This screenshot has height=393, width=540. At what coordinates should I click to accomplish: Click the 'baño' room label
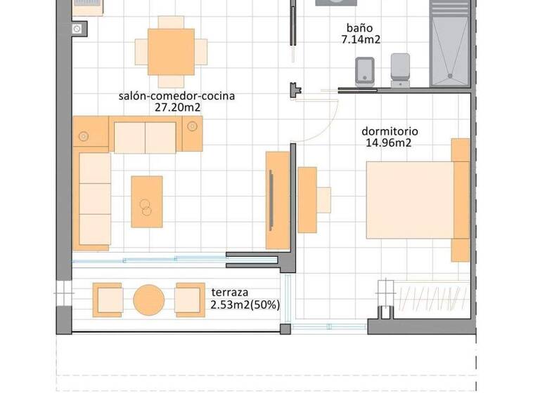coord(359,28)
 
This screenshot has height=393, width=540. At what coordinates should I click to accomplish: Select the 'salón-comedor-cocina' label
coord(176,96)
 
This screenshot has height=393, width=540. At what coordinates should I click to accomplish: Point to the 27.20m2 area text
coord(176,108)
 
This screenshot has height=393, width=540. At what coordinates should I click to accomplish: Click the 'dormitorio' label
coord(390,131)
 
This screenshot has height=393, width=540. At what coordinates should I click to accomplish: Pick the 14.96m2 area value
coord(388,143)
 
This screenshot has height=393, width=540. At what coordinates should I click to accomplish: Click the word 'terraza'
coord(231,292)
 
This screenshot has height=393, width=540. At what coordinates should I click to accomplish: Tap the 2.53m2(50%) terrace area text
coord(245,305)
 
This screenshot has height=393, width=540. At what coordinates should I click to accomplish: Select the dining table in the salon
coord(171,52)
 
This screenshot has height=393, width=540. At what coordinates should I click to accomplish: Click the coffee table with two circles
coord(147,201)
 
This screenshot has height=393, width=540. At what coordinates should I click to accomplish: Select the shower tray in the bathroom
coord(449,44)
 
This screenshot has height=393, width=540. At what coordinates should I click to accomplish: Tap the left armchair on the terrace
coord(108,300)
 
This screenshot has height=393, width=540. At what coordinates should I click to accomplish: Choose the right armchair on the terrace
coord(190,300)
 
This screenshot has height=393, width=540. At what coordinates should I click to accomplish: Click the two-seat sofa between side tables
coord(145,138)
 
